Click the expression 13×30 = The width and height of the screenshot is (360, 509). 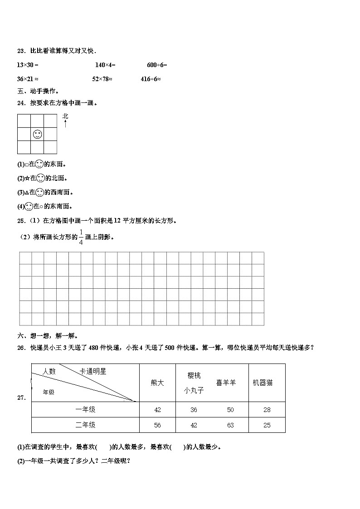(x=28, y=65)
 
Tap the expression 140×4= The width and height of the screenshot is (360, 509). (x=105, y=65)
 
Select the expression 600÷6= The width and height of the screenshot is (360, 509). (x=157, y=65)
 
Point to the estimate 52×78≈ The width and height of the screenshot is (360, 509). (x=102, y=79)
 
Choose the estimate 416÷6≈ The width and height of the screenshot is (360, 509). (x=151, y=79)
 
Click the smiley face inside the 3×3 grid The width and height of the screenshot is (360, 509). (x=38, y=134)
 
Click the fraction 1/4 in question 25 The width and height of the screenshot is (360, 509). (x=81, y=237)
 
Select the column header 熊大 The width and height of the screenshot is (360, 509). (x=157, y=383)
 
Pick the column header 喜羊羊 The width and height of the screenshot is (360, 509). (x=226, y=383)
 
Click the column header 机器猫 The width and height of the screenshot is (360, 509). (x=263, y=383)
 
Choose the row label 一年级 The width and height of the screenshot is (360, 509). (x=85, y=409)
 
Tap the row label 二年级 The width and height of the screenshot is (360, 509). (x=85, y=425)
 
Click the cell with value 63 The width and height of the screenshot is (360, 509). (x=230, y=425)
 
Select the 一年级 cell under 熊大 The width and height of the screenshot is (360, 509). (x=157, y=410)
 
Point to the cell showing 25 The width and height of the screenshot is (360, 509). (x=267, y=425)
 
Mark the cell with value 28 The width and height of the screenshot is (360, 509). (x=267, y=410)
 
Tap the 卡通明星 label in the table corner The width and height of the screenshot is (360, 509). (x=93, y=371)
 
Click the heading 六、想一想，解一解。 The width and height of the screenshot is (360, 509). (x=48, y=336)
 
